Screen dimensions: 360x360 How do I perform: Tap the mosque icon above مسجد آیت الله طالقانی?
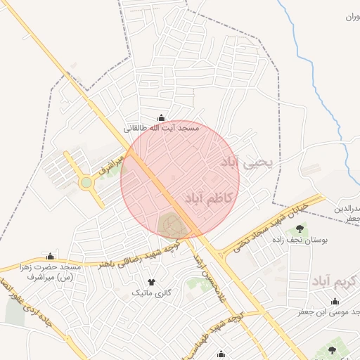162,118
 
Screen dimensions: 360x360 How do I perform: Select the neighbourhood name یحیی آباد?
250,163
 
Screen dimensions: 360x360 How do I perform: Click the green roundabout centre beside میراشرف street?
86,183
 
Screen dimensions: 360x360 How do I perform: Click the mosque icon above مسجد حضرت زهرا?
50,256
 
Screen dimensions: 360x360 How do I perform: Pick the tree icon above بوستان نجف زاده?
301,229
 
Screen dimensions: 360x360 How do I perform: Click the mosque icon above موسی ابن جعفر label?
335,301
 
